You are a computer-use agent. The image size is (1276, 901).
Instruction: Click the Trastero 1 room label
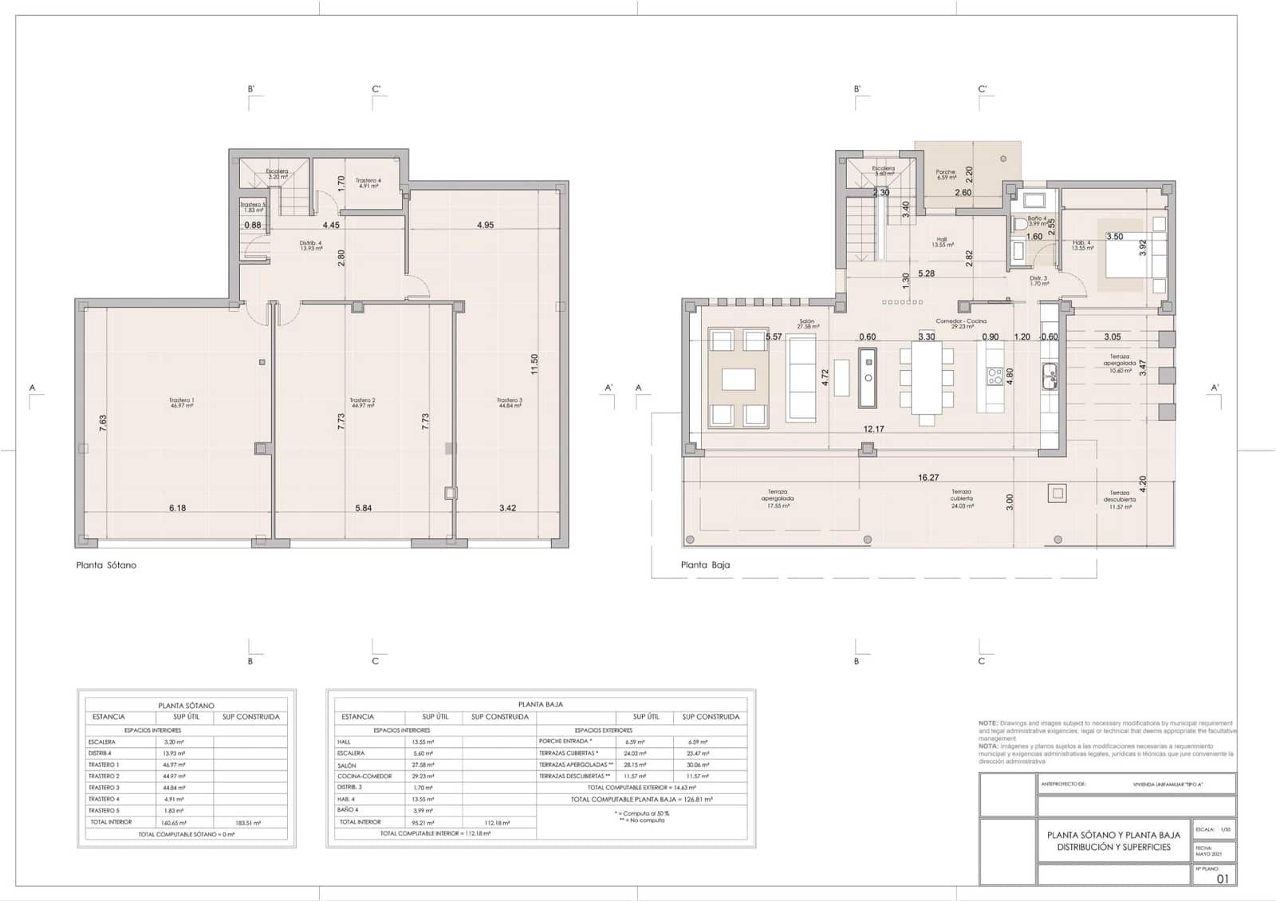click(x=181, y=403)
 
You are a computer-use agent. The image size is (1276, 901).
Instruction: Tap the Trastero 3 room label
click(x=509, y=403)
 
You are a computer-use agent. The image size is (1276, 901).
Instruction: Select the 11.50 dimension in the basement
click(x=535, y=364)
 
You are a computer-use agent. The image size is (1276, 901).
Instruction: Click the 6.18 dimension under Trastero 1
click(x=177, y=508)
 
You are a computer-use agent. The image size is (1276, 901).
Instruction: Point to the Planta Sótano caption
click(x=106, y=565)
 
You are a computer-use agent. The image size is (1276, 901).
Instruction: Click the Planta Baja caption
click(x=705, y=565)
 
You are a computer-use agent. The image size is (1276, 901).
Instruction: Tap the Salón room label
click(x=807, y=324)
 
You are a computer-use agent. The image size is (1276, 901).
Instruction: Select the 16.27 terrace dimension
click(x=928, y=478)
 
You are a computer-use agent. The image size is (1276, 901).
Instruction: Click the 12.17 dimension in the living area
click(x=873, y=429)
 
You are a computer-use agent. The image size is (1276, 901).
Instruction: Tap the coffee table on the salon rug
click(x=738, y=379)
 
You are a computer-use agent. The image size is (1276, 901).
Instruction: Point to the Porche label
click(x=945, y=174)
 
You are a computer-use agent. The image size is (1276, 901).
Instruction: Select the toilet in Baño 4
click(x=1019, y=226)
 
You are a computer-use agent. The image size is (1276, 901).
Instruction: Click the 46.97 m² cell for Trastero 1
click(x=175, y=765)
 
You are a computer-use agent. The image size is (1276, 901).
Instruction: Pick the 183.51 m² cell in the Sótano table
click(x=250, y=822)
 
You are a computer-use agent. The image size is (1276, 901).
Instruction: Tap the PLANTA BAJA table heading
click(x=541, y=705)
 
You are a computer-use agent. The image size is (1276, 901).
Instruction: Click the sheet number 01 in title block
click(x=1223, y=879)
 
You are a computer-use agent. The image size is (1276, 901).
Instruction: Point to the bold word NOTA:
click(x=989, y=746)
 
